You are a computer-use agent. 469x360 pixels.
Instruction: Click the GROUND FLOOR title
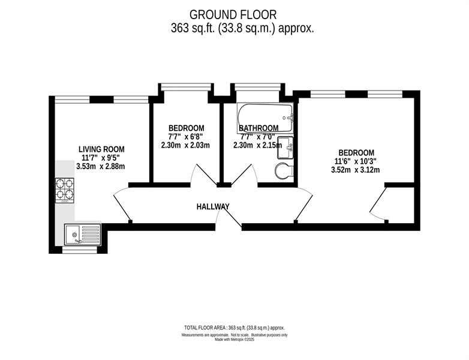pos(233,14)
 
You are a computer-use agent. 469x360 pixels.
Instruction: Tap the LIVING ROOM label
pos(101,149)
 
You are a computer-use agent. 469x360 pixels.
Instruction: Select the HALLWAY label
pos(213,206)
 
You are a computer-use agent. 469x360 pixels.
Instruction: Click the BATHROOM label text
pos(258,128)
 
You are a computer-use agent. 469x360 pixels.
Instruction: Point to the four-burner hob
pos(65,191)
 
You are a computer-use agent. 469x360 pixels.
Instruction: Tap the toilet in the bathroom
pos(284,171)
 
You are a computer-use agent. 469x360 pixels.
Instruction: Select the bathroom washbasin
pos(285,148)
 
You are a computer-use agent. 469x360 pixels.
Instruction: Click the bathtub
pos(265,118)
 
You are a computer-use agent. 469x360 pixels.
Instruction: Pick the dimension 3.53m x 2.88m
pos(101,166)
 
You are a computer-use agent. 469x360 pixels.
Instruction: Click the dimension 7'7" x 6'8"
pos(186,137)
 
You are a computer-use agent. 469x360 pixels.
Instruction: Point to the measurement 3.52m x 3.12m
pos(355,170)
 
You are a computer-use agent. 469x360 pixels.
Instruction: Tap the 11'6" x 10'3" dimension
pos(355,161)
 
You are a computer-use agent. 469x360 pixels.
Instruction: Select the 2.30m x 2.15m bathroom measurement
pos(257,145)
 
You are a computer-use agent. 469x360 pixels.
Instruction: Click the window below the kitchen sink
pos(80,249)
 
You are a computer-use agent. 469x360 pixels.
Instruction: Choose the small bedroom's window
pos(186,87)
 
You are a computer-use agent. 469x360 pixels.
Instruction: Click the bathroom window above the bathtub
pos(258,87)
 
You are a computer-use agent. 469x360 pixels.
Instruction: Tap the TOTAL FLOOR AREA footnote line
pos(235,328)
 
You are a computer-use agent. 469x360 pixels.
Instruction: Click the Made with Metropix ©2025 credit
pos(235,340)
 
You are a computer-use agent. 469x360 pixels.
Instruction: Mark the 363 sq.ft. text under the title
pos(193,28)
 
